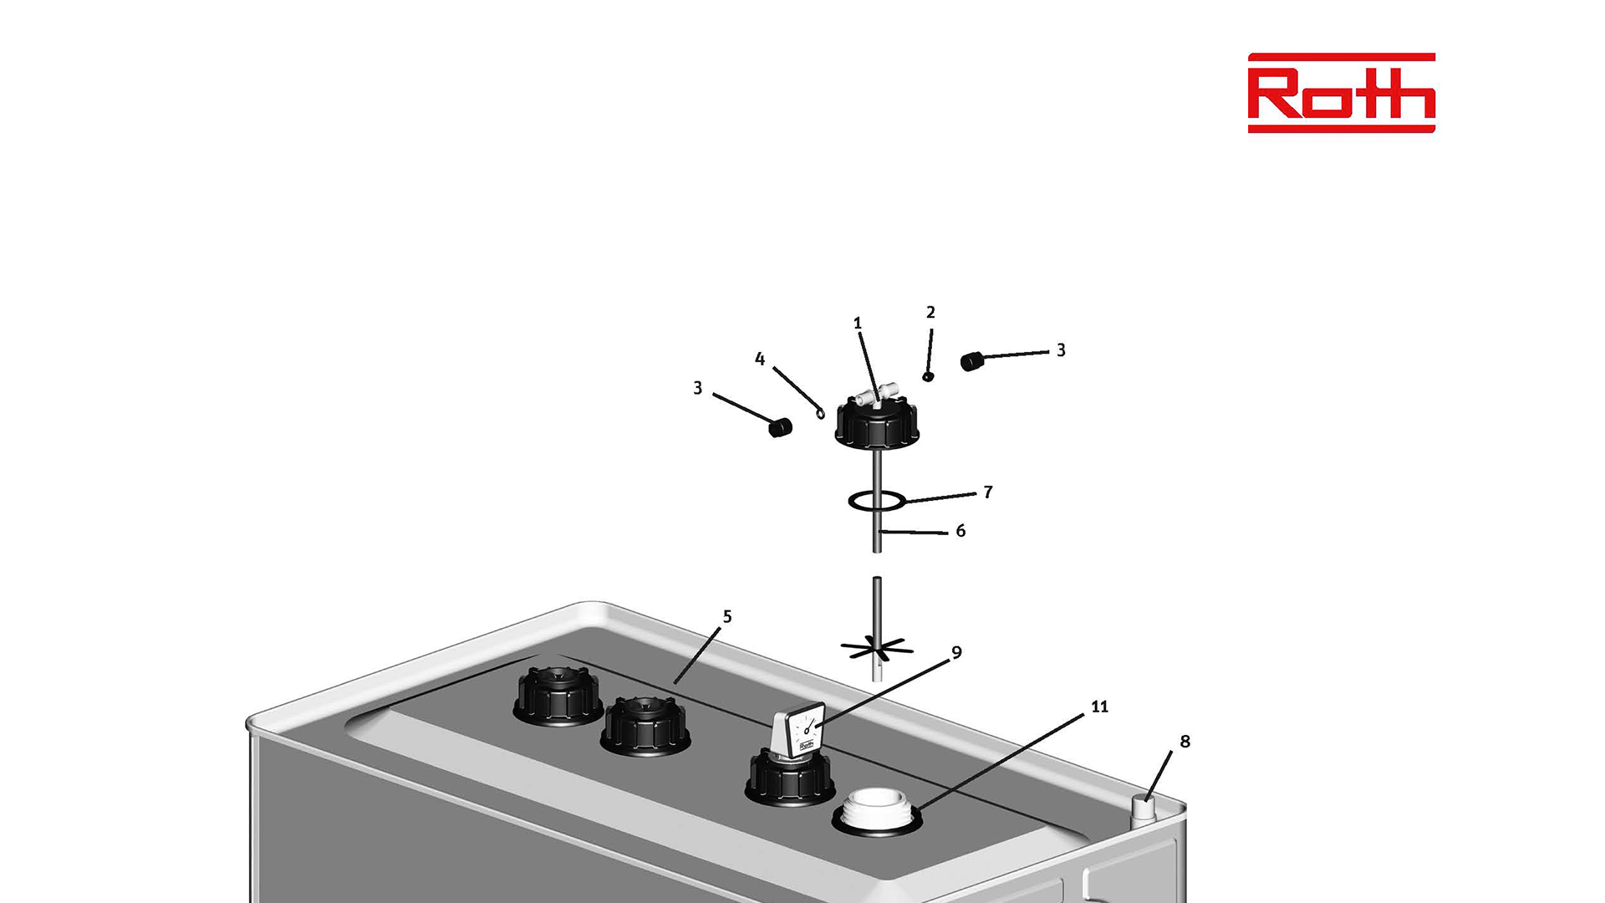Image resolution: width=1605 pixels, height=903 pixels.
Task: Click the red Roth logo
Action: coord(1341,93)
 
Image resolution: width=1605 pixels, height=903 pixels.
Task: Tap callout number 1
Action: coord(857,323)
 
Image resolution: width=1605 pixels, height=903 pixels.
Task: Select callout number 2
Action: coord(930,312)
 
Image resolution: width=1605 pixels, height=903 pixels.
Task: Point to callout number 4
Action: coord(759,359)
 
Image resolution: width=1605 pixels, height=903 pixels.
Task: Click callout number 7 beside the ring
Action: coord(988,492)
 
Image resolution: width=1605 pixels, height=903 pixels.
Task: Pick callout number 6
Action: coord(960,530)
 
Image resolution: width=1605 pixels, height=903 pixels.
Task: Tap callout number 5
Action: coord(727,616)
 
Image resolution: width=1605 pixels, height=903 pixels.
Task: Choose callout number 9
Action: coord(956,652)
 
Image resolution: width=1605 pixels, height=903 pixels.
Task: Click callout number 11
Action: coord(1099,707)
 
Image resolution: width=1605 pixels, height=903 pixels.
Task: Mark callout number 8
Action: coord(1185,741)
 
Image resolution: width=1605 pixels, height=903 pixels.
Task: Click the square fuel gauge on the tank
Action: coord(798,733)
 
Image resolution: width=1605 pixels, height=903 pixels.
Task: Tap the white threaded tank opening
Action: coord(877,811)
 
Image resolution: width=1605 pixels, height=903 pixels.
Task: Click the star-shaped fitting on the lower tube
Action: coord(876,648)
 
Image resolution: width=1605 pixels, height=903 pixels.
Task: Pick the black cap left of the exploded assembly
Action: coord(780,427)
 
